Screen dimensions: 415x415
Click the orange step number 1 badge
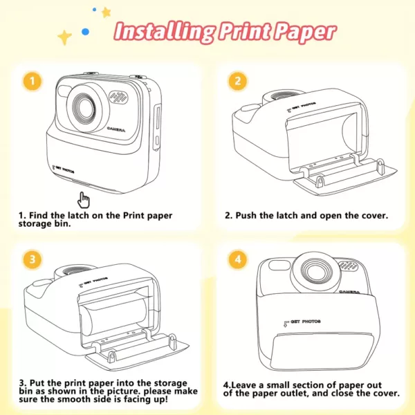pos(33,81)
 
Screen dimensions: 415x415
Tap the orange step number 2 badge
pos(237,81)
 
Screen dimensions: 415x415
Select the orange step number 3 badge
pos(33,259)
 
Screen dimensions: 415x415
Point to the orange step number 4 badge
pos(237,259)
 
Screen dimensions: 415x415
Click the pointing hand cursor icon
pos(84,200)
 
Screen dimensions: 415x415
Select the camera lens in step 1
pos(84,109)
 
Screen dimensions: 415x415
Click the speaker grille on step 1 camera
pos(118,98)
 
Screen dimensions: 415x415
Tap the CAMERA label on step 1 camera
pos(116,129)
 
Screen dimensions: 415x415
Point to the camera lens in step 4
pos(316,272)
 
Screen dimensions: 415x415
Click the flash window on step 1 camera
pos(63,91)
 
